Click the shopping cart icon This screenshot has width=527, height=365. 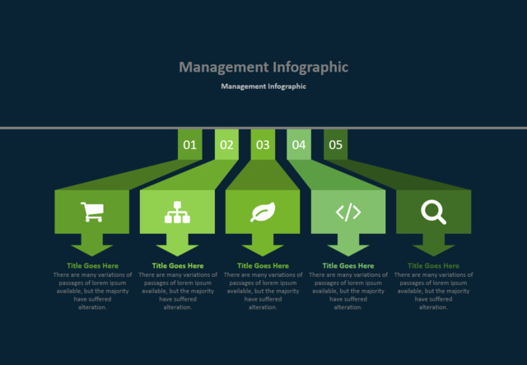(92, 212)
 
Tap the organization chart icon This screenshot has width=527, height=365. (178, 213)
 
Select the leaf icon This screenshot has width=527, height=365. (263, 212)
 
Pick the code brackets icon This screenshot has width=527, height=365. (348, 212)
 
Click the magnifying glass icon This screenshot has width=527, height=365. (434, 212)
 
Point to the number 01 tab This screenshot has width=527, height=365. (190, 145)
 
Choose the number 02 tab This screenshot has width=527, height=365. (226, 145)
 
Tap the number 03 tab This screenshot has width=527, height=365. (263, 145)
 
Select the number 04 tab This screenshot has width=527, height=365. (299, 145)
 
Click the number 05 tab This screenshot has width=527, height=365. (335, 145)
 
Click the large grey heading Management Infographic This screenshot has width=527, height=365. (263, 67)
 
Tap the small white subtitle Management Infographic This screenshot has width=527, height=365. (263, 87)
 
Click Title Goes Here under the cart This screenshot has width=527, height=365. (92, 266)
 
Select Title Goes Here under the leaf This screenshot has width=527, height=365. (263, 266)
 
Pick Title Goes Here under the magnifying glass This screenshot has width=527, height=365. (433, 266)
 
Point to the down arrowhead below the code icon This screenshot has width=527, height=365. (348, 250)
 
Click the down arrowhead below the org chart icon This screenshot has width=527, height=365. (178, 250)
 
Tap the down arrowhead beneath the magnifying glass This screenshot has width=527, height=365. (434, 250)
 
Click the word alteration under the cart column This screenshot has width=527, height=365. (92, 307)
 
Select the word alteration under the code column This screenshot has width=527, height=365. (348, 307)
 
